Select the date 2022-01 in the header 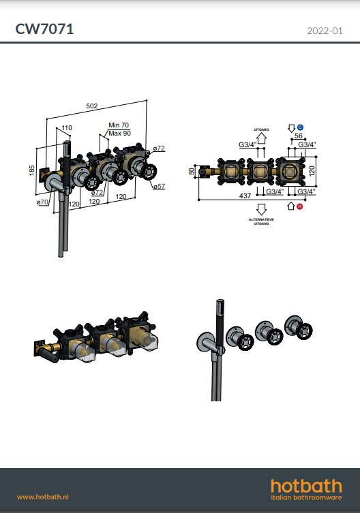click(325, 31)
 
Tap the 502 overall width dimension click(91, 106)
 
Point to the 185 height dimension click(32, 168)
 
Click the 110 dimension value click(67, 128)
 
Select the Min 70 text click(119, 125)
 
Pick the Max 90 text click(119, 133)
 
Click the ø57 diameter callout click(158, 186)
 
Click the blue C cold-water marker click(299, 127)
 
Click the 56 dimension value click(298, 136)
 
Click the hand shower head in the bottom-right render click(220, 314)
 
